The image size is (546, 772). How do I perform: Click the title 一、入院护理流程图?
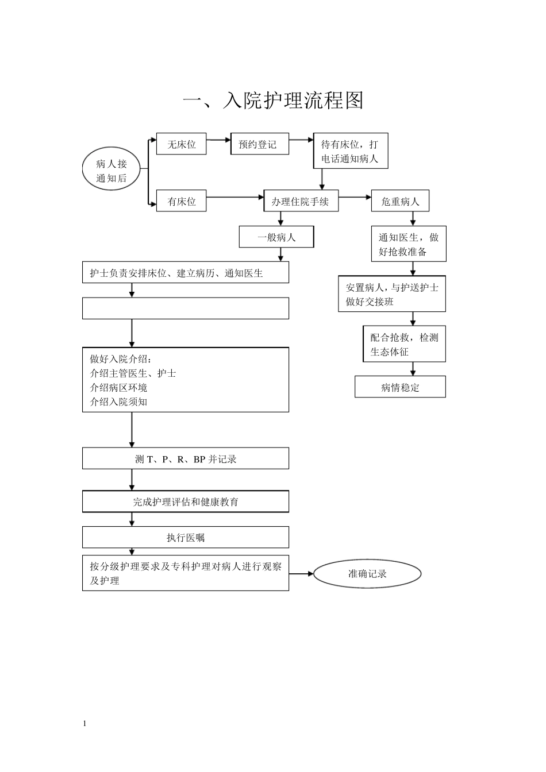click(x=273, y=101)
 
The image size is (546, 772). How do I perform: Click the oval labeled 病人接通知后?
click(x=111, y=171)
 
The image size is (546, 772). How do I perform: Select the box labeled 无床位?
click(x=181, y=144)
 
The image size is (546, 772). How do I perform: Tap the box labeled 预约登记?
click(x=259, y=144)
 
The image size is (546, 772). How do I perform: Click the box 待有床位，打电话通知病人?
click(x=351, y=152)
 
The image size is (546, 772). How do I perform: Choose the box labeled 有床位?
click(x=181, y=202)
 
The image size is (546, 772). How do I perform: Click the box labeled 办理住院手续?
click(x=301, y=202)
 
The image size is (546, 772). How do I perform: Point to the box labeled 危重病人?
click(x=400, y=202)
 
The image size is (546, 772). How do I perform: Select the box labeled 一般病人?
click(x=276, y=237)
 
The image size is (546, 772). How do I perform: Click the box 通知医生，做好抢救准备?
click(x=408, y=244)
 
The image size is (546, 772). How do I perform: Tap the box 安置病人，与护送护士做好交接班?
click(x=392, y=294)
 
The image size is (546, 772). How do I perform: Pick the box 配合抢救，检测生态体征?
click(x=404, y=344)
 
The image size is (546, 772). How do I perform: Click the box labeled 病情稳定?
click(x=400, y=387)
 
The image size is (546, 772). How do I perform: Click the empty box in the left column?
click(x=185, y=308)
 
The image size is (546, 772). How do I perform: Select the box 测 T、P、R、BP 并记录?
click(x=185, y=458)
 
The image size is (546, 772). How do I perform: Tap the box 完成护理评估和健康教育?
click(x=185, y=501)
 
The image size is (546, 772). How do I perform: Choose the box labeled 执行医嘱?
click(x=185, y=538)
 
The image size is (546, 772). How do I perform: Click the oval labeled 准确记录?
click(x=368, y=573)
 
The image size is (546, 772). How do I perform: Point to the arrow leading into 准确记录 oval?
click(x=302, y=573)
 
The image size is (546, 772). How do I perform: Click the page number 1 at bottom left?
click(x=84, y=723)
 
